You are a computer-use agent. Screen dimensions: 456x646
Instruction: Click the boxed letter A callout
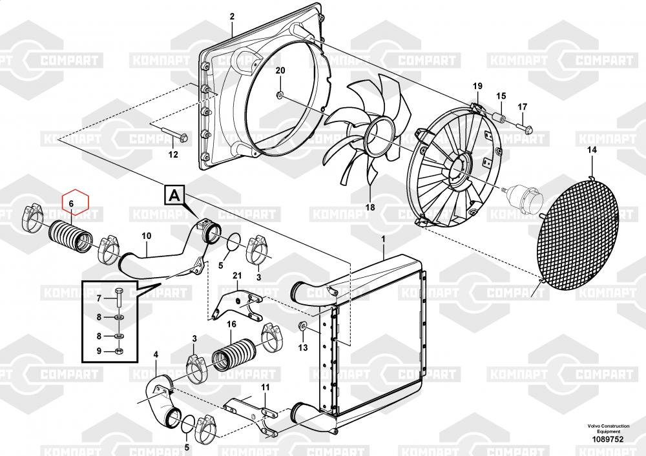pyautogui.click(x=176, y=194)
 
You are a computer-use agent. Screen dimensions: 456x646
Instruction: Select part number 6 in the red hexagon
pyautogui.click(x=72, y=203)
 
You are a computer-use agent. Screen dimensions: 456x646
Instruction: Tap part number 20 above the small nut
pyautogui.click(x=280, y=70)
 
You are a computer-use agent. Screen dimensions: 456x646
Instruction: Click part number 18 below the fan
pyautogui.click(x=370, y=207)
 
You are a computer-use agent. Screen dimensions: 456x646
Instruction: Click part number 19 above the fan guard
pyautogui.click(x=477, y=86)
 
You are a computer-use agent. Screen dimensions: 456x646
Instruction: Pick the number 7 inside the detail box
pyautogui.click(x=99, y=298)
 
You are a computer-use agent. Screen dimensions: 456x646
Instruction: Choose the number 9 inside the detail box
pyautogui.click(x=99, y=351)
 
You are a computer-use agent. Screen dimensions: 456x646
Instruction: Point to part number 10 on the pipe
pyautogui.click(x=146, y=236)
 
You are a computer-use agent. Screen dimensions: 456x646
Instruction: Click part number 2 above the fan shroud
pyautogui.click(x=233, y=17)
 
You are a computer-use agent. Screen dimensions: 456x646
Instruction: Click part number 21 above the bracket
pyautogui.click(x=236, y=276)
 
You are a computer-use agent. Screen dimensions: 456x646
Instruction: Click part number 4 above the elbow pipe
pyautogui.click(x=155, y=353)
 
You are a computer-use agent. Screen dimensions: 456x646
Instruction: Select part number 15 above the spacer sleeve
pyautogui.click(x=501, y=96)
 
